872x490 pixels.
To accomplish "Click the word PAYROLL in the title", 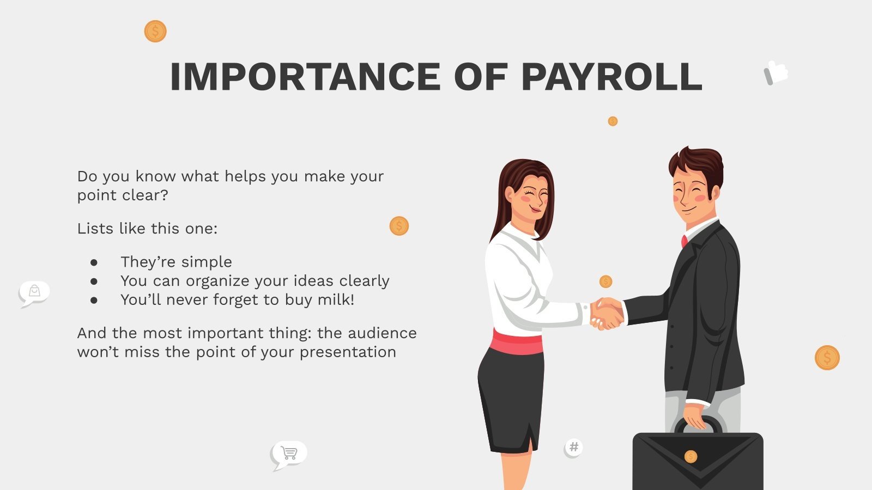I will (x=611, y=77).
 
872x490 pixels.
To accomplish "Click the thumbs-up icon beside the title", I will (x=776, y=72).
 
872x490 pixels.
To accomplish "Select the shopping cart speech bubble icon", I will (x=289, y=453).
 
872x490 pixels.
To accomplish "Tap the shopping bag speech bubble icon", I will (x=34, y=292).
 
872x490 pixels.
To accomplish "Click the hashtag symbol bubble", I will (x=573, y=448).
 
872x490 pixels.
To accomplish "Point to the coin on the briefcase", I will (x=691, y=456).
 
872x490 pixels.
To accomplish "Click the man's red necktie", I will (x=685, y=241).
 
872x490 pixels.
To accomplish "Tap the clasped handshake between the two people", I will (x=607, y=314).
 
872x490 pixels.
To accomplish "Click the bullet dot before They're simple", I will (x=94, y=262).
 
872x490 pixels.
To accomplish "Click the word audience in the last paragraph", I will (x=382, y=333).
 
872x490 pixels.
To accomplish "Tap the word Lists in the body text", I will (x=95, y=228).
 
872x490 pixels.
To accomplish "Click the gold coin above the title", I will (x=155, y=31).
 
